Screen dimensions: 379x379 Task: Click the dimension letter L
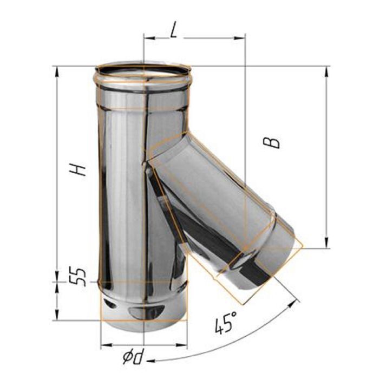coord(173,30)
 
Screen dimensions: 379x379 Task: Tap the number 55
coord(77,277)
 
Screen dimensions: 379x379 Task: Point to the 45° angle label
coord(226,322)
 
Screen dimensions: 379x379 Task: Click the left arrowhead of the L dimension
coord(149,38)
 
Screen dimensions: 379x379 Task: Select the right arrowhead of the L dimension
coord(239,38)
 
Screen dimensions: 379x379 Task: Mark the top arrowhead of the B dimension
coord(326,72)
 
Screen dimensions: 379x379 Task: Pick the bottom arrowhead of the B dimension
coord(326,243)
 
